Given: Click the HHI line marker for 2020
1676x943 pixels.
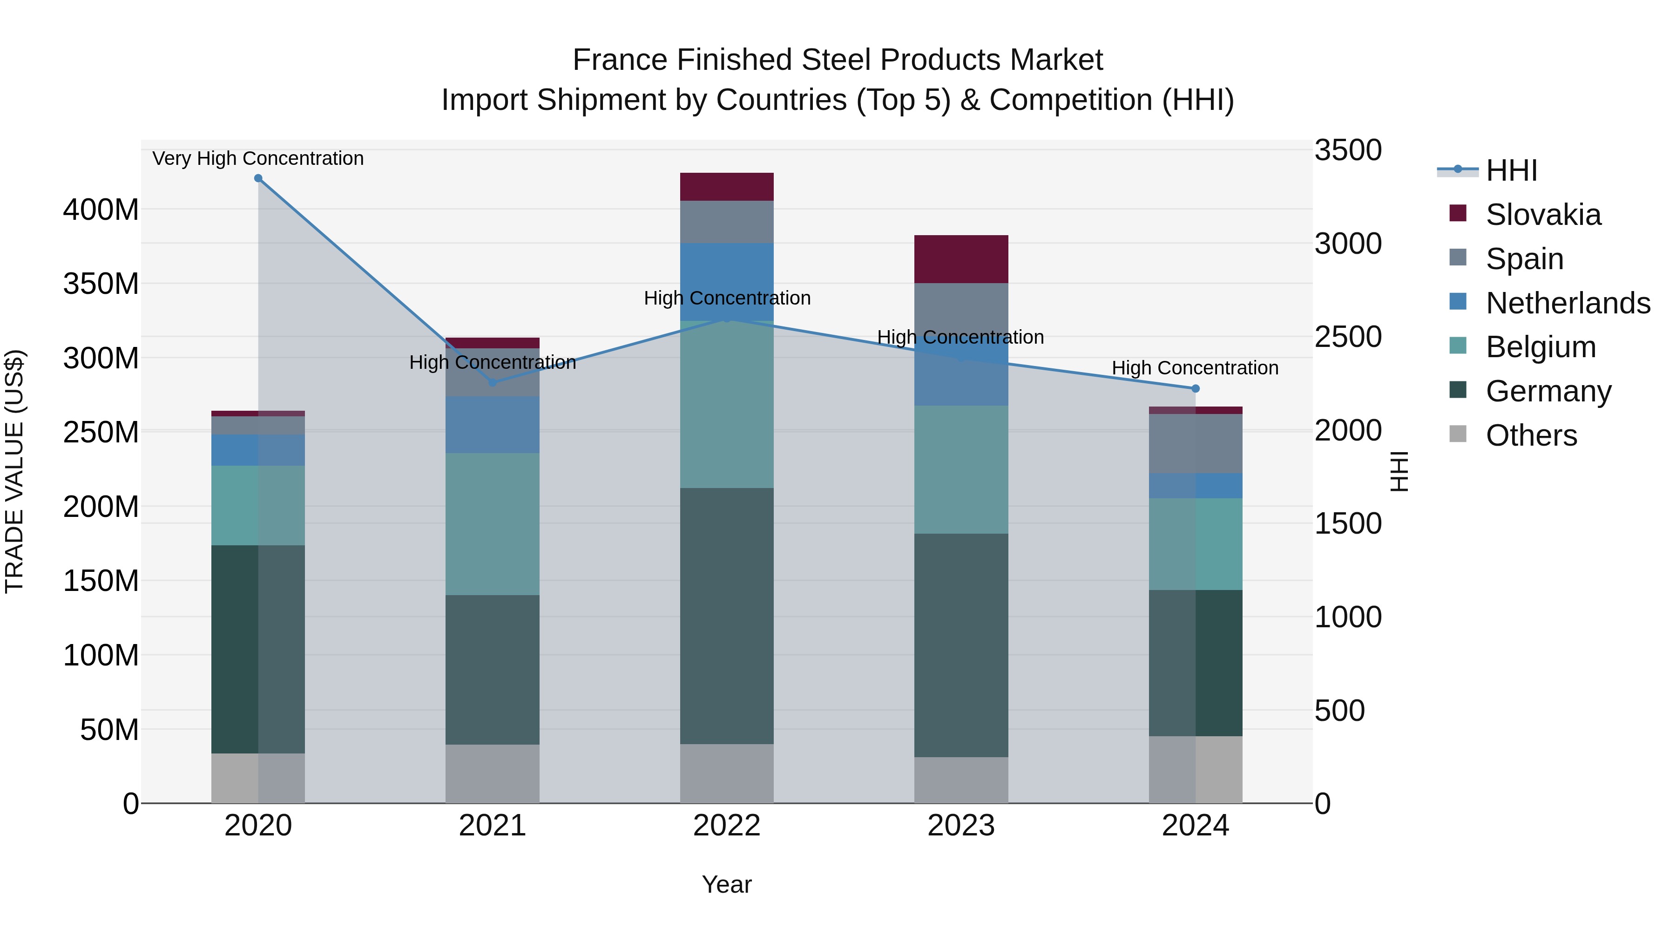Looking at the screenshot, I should (x=258, y=178).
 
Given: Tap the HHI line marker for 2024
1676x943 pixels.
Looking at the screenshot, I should (x=1195, y=388).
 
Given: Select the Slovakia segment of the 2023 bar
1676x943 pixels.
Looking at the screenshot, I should (x=961, y=259).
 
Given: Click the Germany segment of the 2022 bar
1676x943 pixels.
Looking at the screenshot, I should (x=727, y=616).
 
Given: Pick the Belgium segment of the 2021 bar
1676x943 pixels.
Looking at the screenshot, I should (x=493, y=524).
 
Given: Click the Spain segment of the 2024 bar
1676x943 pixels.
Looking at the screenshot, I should (x=1195, y=443).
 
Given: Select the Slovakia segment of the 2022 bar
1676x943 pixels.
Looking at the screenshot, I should (x=727, y=187).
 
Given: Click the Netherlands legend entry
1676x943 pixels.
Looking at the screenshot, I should (x=1568, y=303).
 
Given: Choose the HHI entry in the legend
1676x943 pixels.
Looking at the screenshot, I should (x=1511, y=170).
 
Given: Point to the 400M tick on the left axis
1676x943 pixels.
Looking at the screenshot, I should (x=101, y=210).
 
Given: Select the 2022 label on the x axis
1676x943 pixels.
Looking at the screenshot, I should (x=727, y=826).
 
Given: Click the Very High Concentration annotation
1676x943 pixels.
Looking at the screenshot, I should (x=258, y=158).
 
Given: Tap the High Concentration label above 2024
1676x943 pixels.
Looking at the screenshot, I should (x=1195, y=368).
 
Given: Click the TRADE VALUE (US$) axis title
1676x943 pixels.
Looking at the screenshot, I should (x=14, y=471).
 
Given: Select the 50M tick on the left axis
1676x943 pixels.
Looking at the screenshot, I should (x=109, y=730).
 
